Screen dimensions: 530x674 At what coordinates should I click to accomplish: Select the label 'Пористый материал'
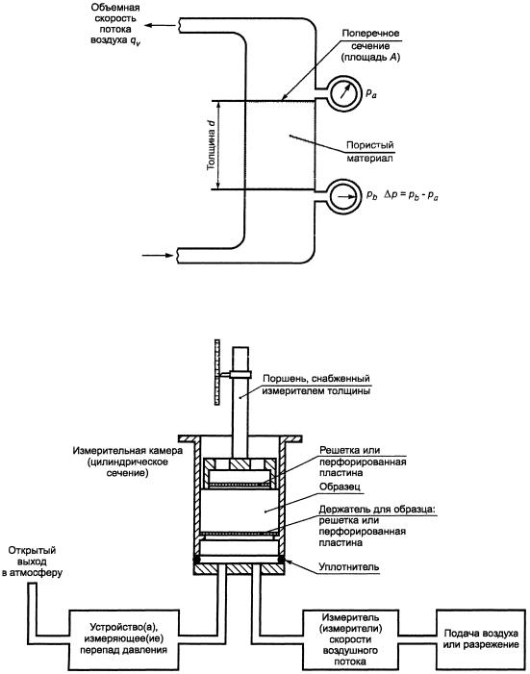tap(370, 152)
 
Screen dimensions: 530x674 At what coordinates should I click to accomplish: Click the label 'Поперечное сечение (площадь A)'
tap(370, 45)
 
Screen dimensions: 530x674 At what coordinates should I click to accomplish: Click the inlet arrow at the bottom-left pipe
tap(158, 256)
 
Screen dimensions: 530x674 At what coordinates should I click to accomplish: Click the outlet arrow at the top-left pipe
tap(160, 25)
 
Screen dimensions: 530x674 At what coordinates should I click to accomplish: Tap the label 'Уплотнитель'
tap(349, 566)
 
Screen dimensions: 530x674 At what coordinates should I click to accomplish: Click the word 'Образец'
tap(340, 487)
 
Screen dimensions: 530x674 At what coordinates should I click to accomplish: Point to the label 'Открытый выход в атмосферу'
tap(33, 562)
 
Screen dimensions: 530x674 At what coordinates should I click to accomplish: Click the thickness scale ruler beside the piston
tap(216, 372)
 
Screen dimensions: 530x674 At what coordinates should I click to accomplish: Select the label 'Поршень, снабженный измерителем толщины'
tap(315, 385)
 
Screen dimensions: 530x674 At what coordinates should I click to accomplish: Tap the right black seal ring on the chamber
tap(281, 560)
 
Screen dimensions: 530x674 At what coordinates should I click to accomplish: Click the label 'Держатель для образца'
tap(377, 510)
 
